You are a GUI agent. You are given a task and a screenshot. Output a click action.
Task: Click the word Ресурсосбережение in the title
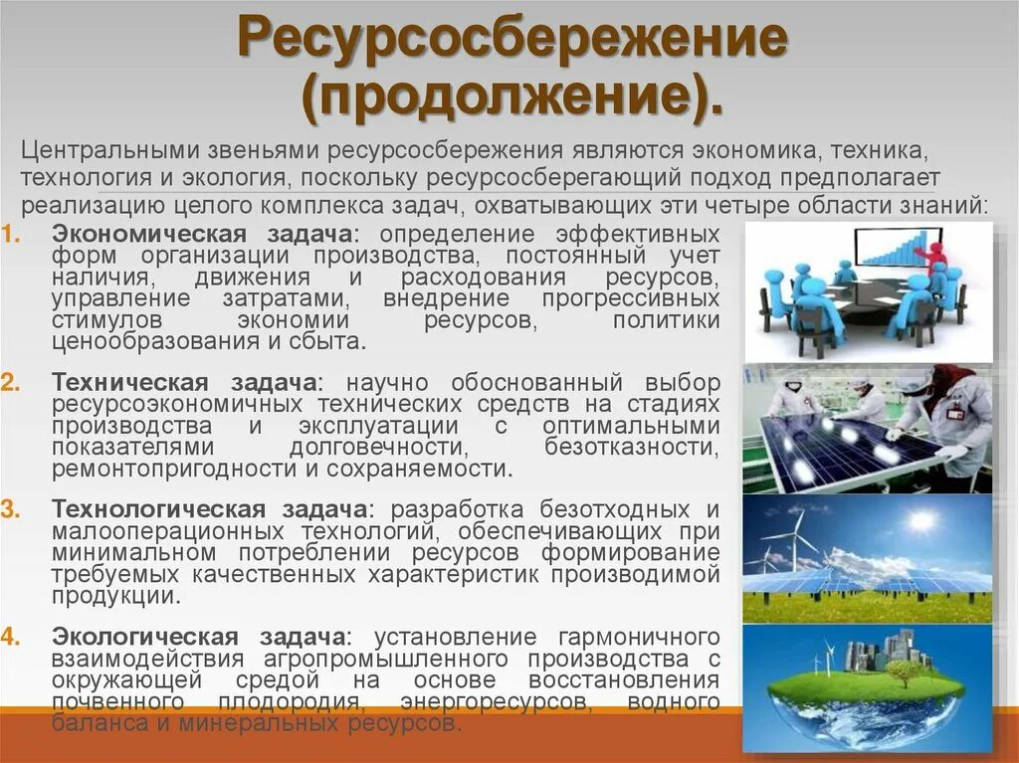[x=511, y=46]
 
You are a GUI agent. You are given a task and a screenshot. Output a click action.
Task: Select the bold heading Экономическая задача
[x=198, y=234]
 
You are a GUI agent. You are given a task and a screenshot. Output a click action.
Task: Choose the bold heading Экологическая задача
[x=199, y=637]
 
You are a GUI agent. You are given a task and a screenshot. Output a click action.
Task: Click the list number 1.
[x=8, y=235]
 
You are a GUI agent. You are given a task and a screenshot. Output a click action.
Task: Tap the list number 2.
[x=8, y=384]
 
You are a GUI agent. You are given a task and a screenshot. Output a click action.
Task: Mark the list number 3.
[x=8, y=510]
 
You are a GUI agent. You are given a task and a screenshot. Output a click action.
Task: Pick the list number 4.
[x=8, y=637]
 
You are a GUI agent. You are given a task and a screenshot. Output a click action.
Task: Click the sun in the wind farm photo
[x=921, y=520]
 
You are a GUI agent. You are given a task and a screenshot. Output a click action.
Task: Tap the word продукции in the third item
[x=115, y=596]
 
